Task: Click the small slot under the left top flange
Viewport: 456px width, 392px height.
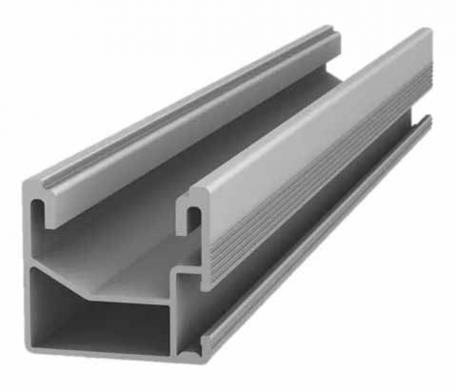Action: [x=40, y=207]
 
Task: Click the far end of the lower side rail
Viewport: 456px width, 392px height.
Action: [x=427, y=120]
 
